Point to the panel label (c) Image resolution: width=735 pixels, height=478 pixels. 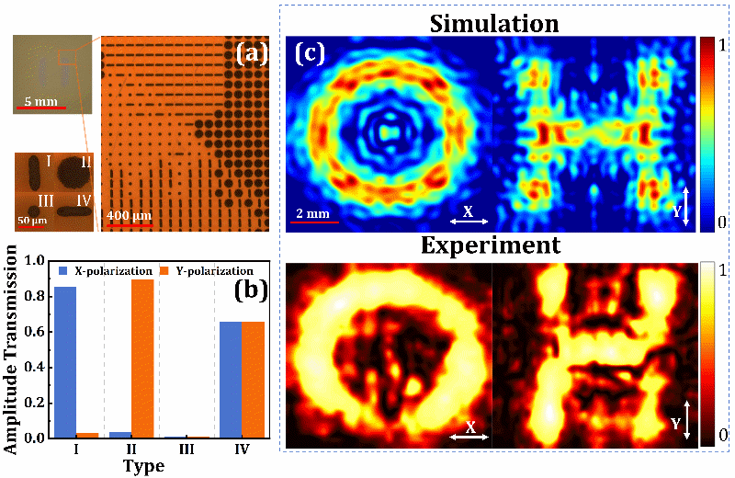pyautogui.click(x=310, y=53)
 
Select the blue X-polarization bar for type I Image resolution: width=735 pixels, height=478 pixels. pyautogui.click(x=65, y=362)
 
